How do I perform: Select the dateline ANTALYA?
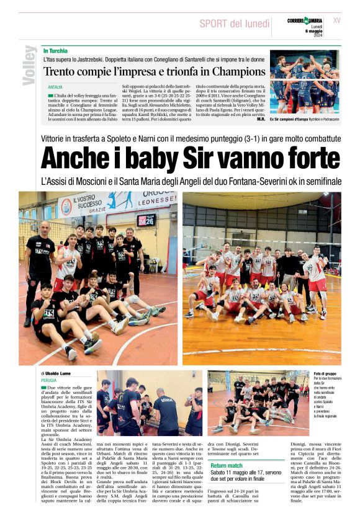coord(56,87)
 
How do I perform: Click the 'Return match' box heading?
coord(227,465)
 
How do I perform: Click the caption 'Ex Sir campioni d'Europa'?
coord(290,118)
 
